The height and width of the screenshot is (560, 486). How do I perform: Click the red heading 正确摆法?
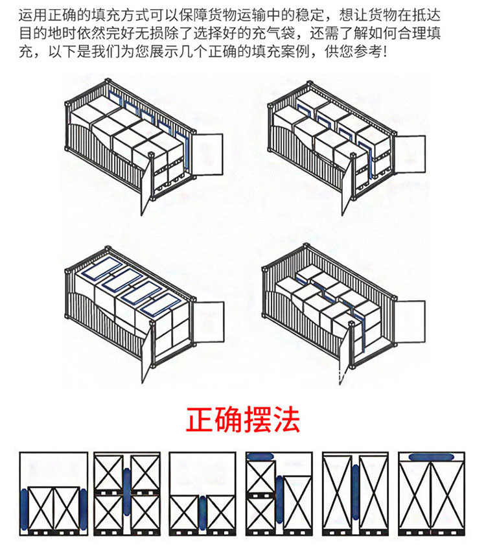(x=243, y=420)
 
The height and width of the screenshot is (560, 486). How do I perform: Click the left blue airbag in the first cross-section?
(x=24, y=509)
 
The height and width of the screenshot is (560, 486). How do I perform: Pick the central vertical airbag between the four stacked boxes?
(x=127, y=491)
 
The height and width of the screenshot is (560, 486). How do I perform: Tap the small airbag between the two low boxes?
(x=202, y=513)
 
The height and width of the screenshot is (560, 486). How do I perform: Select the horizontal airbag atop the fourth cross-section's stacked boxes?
(x=260, y=456)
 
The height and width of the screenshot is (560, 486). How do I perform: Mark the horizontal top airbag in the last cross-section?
(x=432, y=457)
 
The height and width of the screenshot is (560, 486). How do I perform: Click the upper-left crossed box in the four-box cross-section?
(x=109, y=473)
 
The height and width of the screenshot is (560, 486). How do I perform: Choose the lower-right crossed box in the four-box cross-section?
(x=145, y=513)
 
